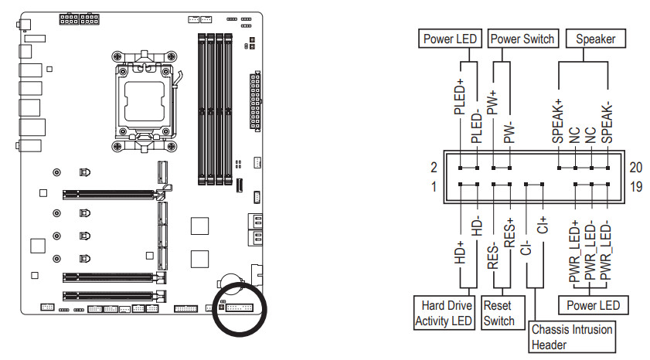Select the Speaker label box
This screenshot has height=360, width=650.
click(595, 39)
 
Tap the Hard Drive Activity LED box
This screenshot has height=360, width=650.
click(444, 313)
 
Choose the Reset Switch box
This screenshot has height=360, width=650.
click(499, 313)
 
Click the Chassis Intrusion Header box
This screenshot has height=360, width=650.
click(572, 337)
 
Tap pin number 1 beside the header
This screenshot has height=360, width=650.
click(434, 186)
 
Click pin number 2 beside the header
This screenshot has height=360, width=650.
click(434, 168)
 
